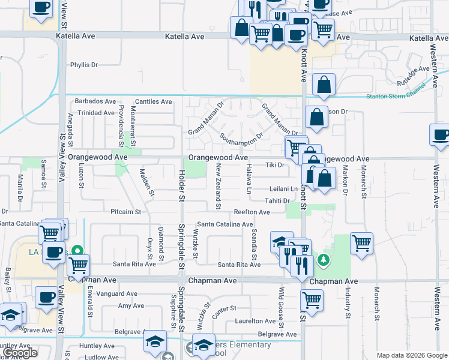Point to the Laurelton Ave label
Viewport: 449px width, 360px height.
pos(255,322)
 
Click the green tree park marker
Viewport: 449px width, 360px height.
pos(324,259)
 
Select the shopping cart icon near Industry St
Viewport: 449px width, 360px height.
pos(361,244)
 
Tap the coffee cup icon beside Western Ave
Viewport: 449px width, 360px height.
pos(441,135)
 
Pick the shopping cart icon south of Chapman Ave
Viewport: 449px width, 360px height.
pos(312,299)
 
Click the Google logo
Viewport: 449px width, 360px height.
pos(20,353)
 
